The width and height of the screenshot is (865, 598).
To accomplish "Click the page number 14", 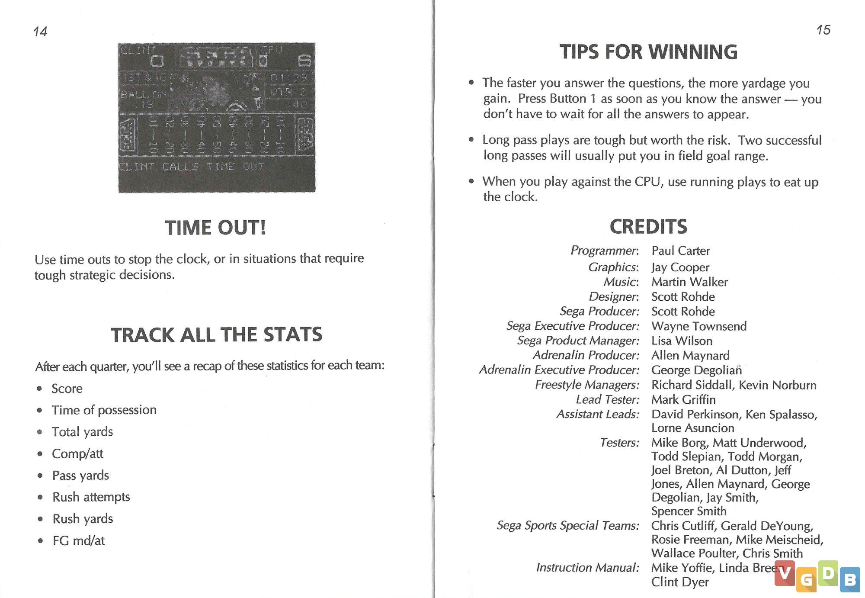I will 40,31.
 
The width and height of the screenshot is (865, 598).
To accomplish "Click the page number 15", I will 823,30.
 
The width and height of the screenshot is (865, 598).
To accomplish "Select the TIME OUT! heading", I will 215,228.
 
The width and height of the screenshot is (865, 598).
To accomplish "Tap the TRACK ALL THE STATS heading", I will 216,335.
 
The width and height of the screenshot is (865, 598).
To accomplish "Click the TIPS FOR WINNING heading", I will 648,52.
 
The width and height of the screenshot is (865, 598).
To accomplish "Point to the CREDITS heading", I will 648,226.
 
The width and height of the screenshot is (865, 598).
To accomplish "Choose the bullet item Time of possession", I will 104,410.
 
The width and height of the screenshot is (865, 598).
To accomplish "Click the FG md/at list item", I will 79,540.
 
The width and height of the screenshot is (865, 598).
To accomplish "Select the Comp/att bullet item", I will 77,453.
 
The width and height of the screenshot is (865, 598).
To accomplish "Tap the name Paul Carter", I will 681,251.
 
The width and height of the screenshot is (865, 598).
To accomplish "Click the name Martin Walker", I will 689,282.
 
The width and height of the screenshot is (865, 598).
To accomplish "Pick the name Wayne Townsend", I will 699,326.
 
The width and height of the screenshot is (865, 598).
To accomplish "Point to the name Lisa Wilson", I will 682,341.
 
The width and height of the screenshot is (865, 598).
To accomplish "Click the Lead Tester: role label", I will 607,399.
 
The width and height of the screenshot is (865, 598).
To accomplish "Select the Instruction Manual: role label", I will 587,567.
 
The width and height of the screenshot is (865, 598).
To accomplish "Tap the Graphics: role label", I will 613,267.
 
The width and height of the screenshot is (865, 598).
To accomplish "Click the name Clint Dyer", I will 680,582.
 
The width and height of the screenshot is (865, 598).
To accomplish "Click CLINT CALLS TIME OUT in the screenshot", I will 191,167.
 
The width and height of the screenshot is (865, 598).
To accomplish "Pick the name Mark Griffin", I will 683,399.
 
